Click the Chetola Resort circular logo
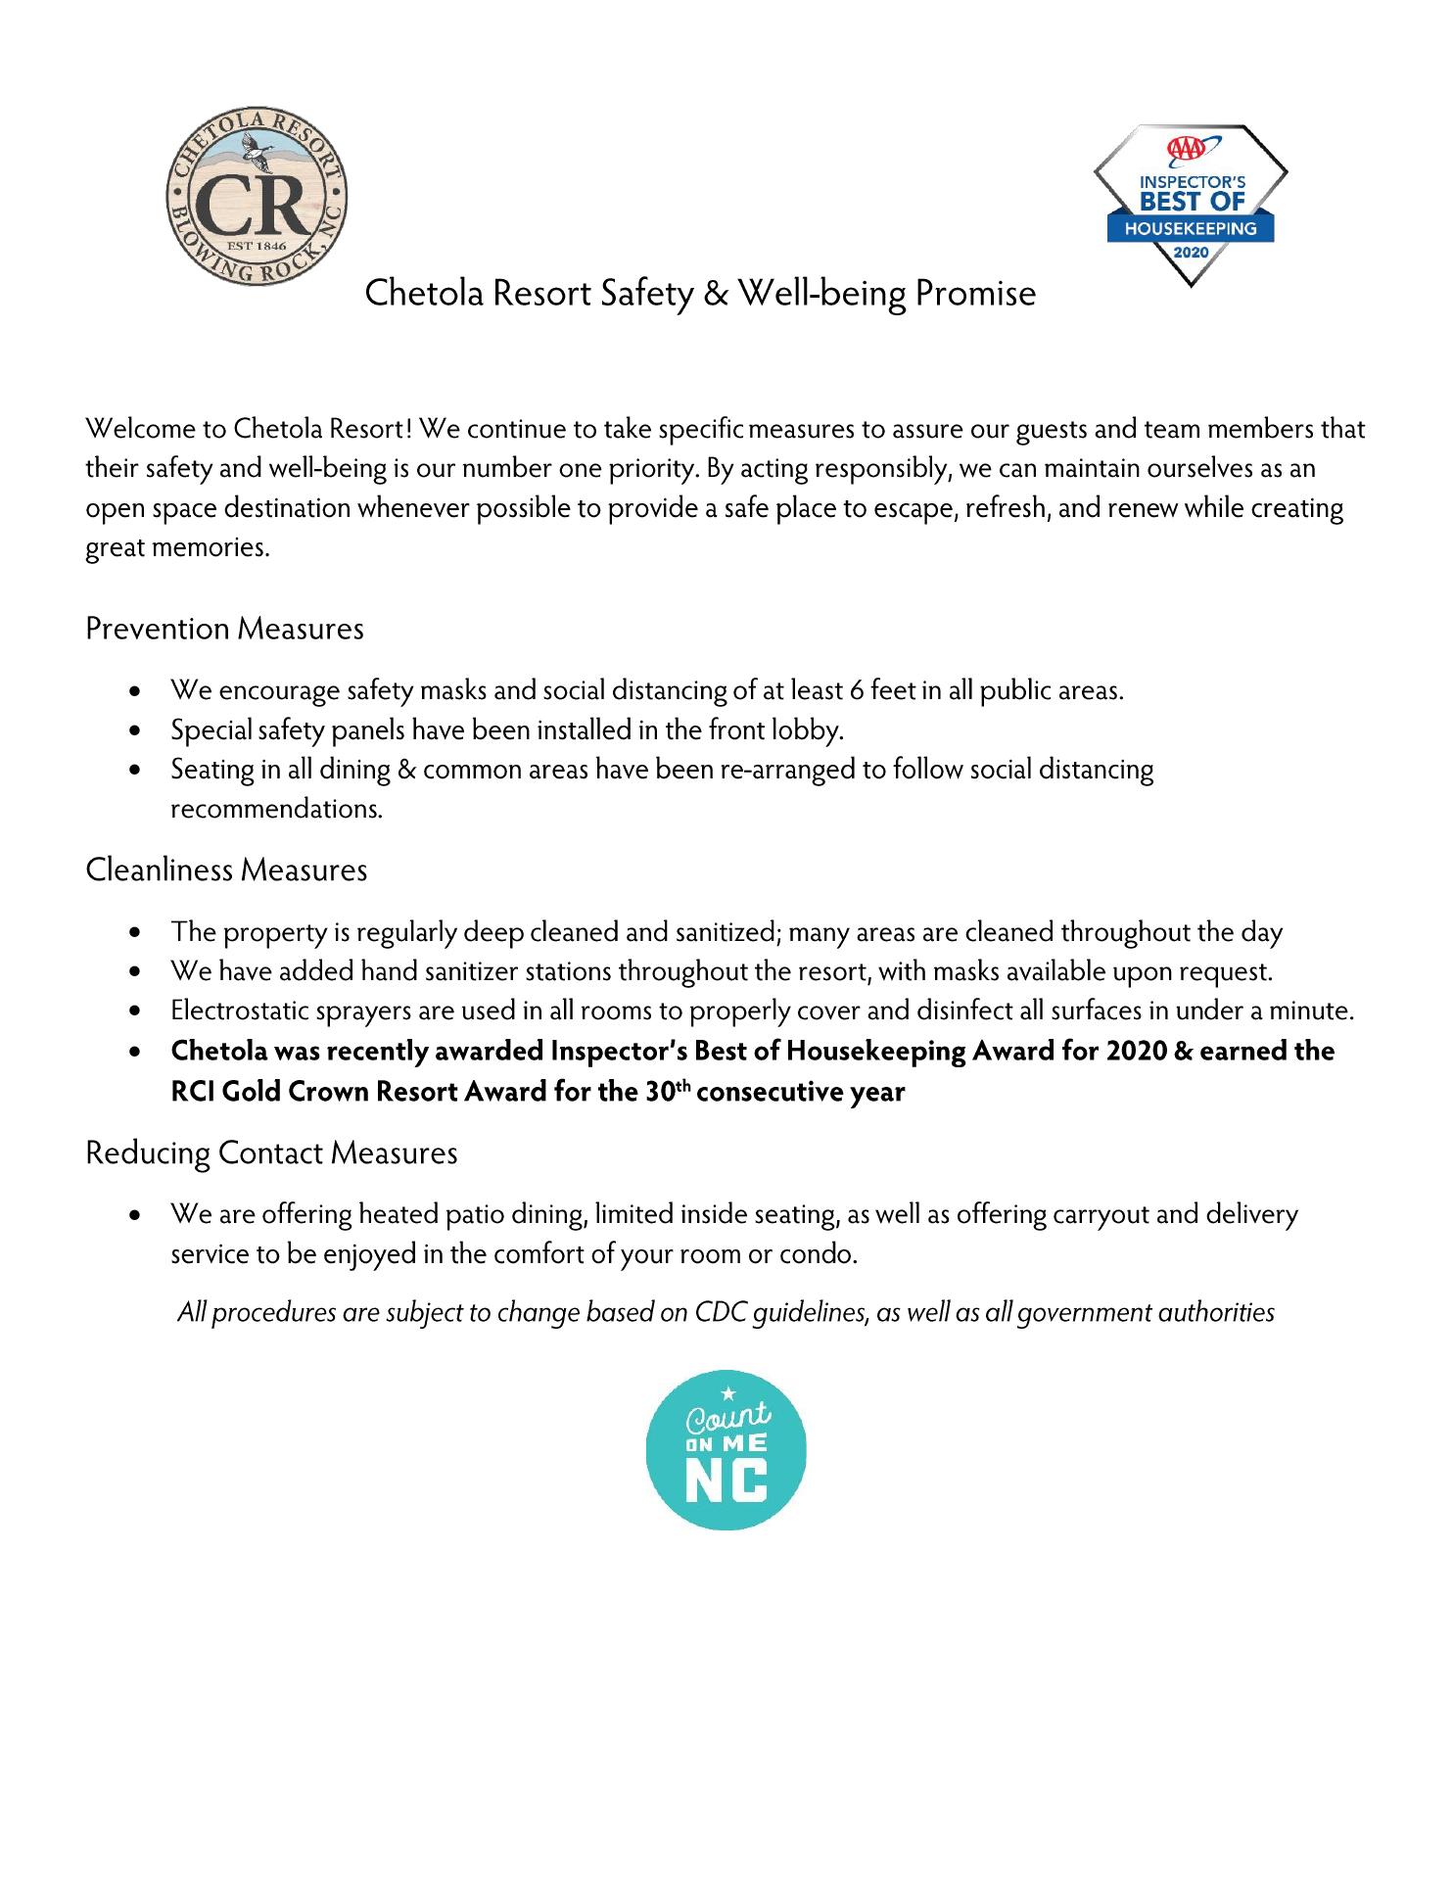(258, 202)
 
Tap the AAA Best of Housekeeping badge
(1190, 205)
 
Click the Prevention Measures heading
(224, 629)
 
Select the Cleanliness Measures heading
(226, 869)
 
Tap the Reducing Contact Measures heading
(271, 1152)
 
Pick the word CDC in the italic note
(720, 1312)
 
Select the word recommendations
(276, 810)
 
